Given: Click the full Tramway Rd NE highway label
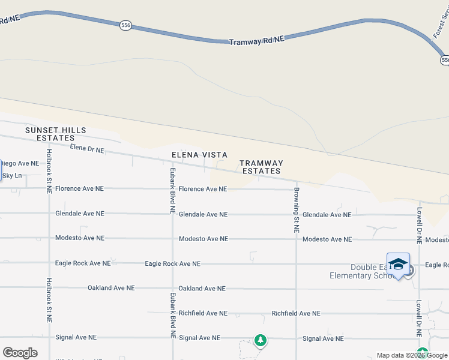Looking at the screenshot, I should coord(256,40).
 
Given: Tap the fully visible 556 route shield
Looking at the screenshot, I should coord(125,26).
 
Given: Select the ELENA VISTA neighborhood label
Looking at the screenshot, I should coord(199,155).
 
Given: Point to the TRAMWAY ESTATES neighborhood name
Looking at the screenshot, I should coord(261,167).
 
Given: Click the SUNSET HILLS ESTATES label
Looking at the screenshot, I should coord(55,134).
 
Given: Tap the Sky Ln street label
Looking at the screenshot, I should coord(12,176).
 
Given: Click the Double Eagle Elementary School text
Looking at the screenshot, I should coord(369,271).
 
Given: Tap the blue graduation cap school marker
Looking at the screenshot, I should coord(398,265).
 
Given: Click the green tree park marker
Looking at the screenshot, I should coord(260,340).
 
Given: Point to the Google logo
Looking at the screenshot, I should coord(20,353).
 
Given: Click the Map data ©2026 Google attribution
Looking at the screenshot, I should coord(412,356).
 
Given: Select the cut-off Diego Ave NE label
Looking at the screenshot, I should coord(19,163).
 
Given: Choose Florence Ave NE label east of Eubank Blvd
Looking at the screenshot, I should coord(203,189).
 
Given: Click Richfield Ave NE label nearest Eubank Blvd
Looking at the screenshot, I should coord(203,313).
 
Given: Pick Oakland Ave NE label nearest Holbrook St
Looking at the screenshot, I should coord(112,288).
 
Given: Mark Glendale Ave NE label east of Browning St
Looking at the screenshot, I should coord(327,215).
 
